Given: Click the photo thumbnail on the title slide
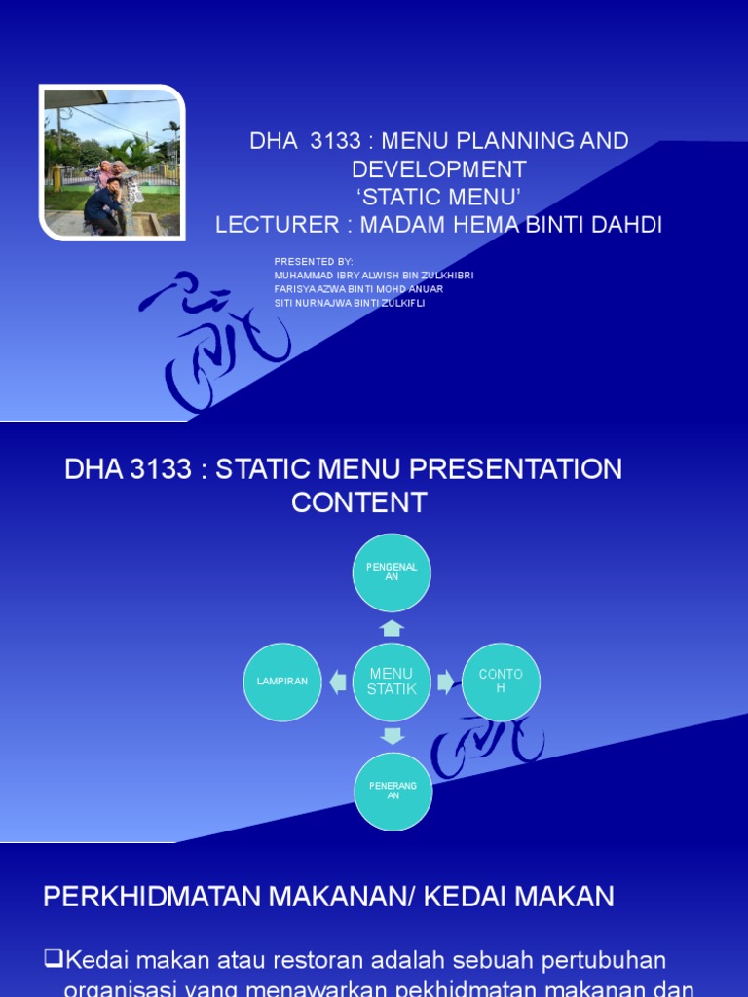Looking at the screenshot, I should coord(112,163).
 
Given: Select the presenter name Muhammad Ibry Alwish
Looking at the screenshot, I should coord(374,276).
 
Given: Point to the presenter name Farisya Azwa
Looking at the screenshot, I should coord(358,289).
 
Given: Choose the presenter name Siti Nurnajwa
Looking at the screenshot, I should coord(350,303).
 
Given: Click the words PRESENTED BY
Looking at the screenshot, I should coord(314,262).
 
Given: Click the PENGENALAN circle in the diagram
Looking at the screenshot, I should coord(392,572).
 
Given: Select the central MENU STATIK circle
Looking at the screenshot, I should coord(392,682).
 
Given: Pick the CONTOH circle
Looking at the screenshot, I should coord(501,682).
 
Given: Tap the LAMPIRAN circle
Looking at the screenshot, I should coord(282,682).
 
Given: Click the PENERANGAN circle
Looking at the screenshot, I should coord(392,791).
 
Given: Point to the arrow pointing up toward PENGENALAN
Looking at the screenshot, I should coord(392,628).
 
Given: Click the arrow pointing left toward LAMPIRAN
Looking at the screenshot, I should coord(338,682).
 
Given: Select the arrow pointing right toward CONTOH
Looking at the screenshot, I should coord(445,682).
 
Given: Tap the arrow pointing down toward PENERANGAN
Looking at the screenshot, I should coord(392,735).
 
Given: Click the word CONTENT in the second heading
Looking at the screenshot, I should coord(358,503).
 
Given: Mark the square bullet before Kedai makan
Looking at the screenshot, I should coord(54,960).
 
